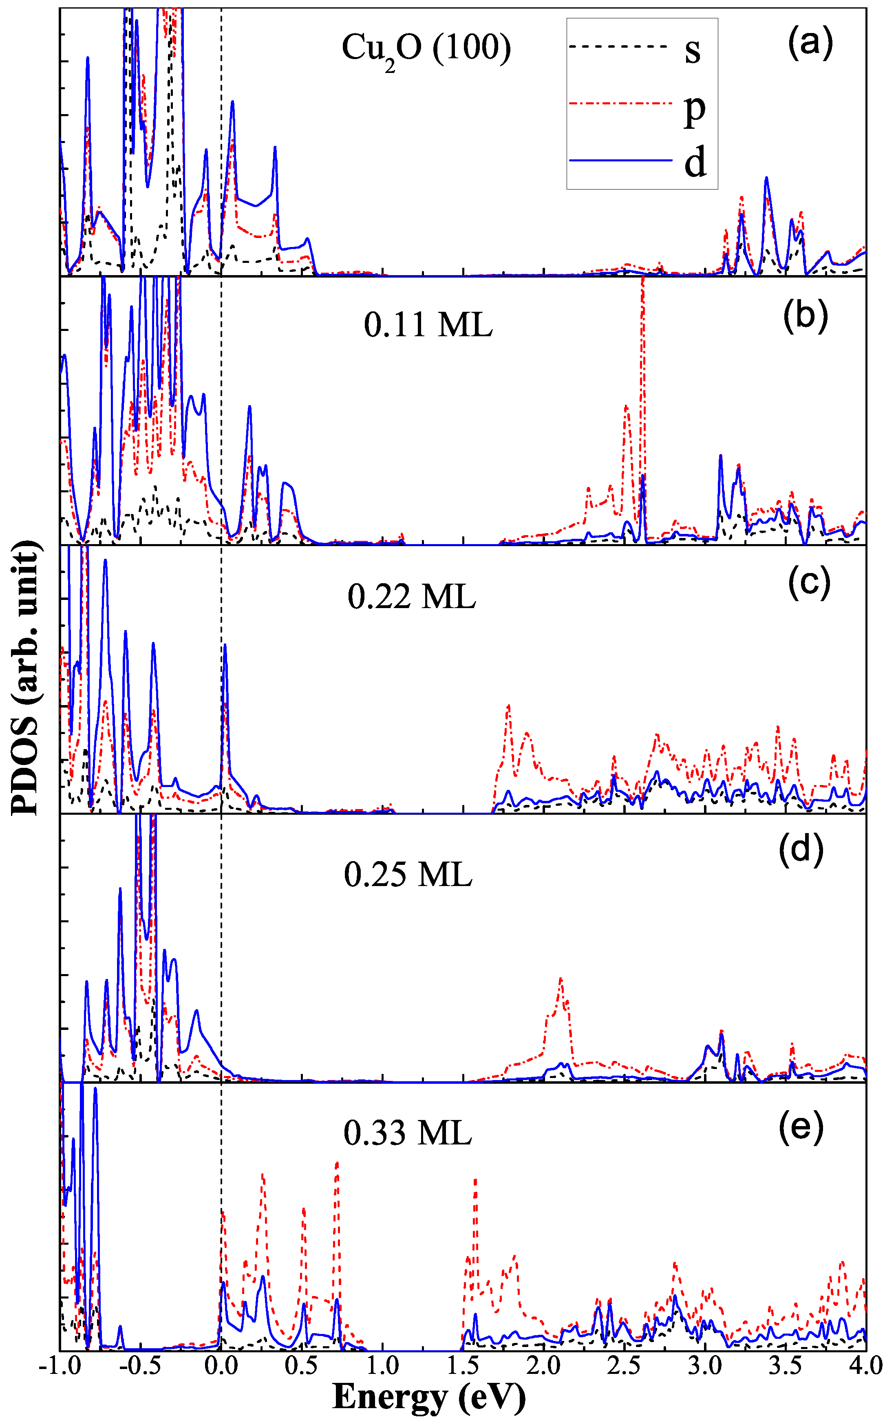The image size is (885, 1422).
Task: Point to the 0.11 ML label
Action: [x=428, y=324]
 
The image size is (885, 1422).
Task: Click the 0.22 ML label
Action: [x=411, y=597]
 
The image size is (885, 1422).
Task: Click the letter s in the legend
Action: [x=693, y=51]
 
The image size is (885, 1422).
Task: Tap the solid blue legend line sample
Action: [x=620, y=160]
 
